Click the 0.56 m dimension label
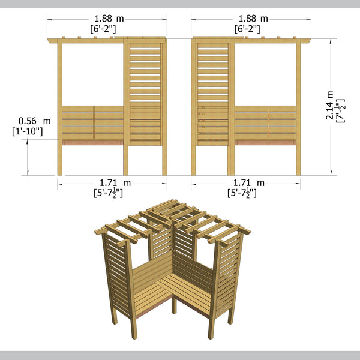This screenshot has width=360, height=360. [x=35, y=121]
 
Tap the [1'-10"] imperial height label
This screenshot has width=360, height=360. [x=27, y=131]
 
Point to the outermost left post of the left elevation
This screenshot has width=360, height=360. [x=59, y=108]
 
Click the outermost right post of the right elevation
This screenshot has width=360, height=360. [x=298, y=108]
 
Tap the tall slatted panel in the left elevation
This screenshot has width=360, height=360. [x=146, y=90]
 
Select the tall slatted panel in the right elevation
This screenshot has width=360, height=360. [x=214, y=90]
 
